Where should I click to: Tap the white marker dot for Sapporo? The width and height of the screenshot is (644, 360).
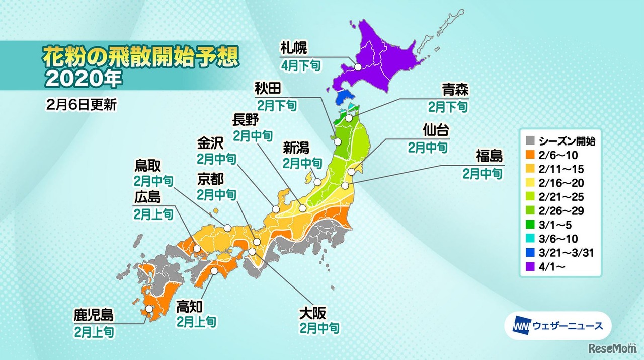click(x=358, y=66)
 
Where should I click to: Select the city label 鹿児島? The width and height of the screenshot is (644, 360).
click(x=93, y=315)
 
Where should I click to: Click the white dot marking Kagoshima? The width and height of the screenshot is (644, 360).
click(x=149, y=309)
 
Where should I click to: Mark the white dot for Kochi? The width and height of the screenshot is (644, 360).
click(x=214, y=271)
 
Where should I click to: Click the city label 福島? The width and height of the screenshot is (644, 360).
click(x=489, y=157)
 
